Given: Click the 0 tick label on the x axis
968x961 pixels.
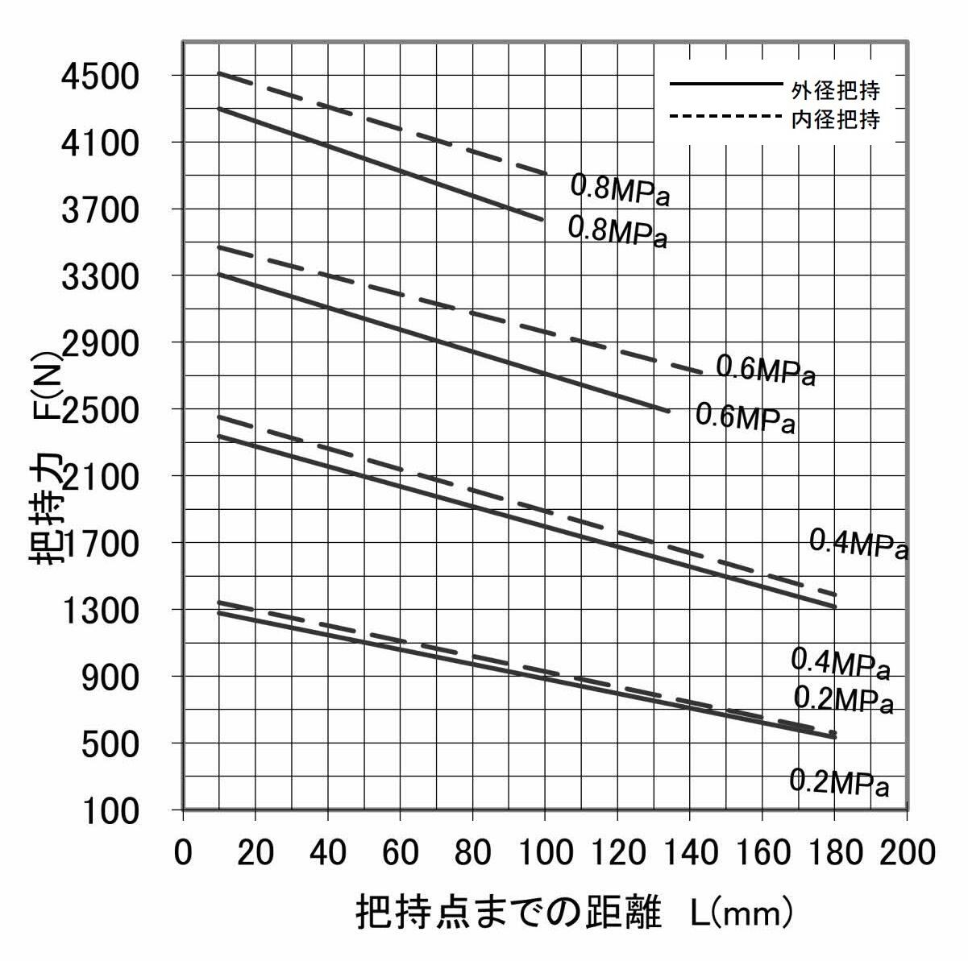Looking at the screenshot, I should tap(184, 852).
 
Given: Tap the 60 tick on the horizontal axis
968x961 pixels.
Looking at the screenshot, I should tap(401, 852).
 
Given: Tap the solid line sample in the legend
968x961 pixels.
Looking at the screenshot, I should tap(725, 84).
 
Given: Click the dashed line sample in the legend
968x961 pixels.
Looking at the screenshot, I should tap(725, 118).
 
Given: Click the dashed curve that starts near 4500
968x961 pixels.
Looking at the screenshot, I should tap(383, 123).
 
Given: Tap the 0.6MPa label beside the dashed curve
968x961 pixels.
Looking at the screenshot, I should tap(766, 372).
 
